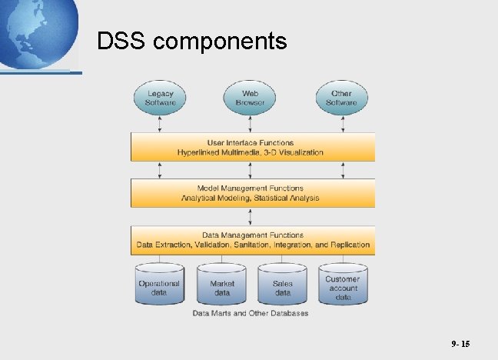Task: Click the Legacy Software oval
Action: pos(160,98)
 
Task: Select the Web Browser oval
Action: pos(251,98)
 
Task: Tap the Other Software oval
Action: pos(341,98)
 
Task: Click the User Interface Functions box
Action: pos(252,147)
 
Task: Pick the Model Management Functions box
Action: pos(252,193)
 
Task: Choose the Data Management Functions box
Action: pos(252,240)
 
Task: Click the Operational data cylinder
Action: pos(159,286)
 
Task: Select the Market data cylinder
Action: pos(221,286)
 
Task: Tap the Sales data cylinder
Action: pos(283,286)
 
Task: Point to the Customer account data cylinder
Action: pos(343,286)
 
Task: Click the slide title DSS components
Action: pos(192,41)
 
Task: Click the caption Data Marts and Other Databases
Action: pos(251,313)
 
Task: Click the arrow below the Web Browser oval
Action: pos(251,125)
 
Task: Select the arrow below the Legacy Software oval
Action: pos(160,125)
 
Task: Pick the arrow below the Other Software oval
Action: pos(341,125)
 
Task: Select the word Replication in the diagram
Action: pos(350,245)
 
